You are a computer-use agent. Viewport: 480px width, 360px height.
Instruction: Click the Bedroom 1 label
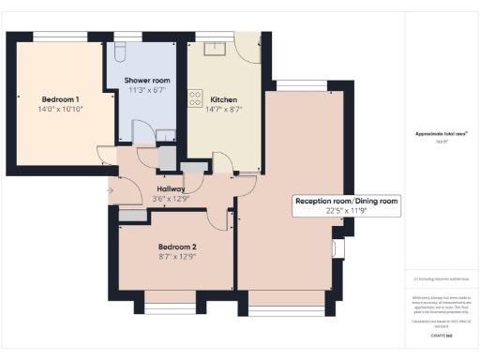coord(59,99)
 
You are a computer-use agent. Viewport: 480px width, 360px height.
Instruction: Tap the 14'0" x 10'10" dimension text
coord(60,110)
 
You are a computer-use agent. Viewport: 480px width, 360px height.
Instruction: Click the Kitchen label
coord(223,99)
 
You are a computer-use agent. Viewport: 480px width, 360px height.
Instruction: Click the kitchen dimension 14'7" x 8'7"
coord(223,110)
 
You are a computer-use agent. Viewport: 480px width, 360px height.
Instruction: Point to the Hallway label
coord(171,188)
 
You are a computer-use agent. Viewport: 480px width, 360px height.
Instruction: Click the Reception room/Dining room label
coord(346,201)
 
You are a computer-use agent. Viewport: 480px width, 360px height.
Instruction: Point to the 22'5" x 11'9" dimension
coord(346,211)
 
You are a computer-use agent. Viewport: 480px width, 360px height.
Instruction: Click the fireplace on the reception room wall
coord(338,248)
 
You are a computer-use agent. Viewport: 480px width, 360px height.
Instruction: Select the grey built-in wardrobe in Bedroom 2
coord(132,216)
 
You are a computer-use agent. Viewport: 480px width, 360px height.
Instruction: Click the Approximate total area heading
coord(441,134)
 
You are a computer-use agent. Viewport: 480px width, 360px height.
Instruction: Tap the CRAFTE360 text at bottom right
coord(441,334)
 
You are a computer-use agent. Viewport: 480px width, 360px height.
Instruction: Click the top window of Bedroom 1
coord(62,35)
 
